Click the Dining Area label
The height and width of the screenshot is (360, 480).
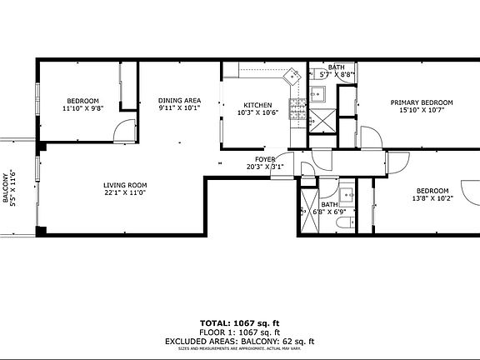click(180, 100)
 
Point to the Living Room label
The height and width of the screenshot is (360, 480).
click(125, 185)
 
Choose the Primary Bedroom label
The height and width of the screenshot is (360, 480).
click(422, 102)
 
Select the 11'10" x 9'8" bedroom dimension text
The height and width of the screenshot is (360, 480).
click(82, 108)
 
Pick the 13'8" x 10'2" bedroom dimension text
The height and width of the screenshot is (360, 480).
click(432, 198)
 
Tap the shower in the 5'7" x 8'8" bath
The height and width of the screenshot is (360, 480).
click(319, 120)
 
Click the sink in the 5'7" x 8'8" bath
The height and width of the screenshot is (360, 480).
click(317, 95)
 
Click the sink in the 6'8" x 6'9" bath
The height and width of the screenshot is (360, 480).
click(348, 197)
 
